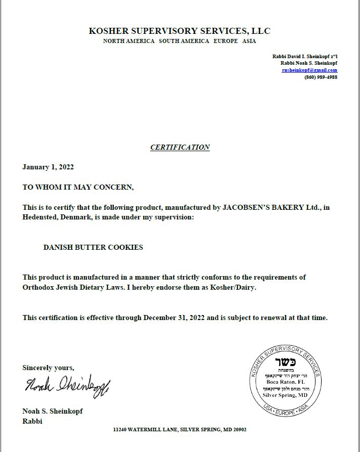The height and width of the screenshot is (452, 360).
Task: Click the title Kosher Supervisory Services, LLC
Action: (179, 31)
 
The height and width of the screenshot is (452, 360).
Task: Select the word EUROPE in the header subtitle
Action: (226, 41)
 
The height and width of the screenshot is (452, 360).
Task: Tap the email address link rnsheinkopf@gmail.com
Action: (309, 70)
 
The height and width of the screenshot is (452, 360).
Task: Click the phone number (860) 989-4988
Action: (321, 77)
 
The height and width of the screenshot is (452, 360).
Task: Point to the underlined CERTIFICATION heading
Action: (180, 147)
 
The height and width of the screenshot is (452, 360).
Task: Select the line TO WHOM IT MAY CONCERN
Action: (78, 187)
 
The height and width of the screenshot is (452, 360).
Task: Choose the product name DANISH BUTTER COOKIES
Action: (93, 247)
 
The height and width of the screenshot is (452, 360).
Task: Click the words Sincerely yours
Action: (48, 368)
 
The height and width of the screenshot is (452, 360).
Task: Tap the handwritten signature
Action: (67, 387)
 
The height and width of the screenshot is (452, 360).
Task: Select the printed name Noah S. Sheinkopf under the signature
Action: (52, 411)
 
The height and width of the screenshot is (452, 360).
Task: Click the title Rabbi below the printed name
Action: (32, 421)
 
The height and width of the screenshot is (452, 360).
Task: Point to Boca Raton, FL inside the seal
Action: (286, 382)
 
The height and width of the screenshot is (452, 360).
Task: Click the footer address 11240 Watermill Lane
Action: (179, 429)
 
